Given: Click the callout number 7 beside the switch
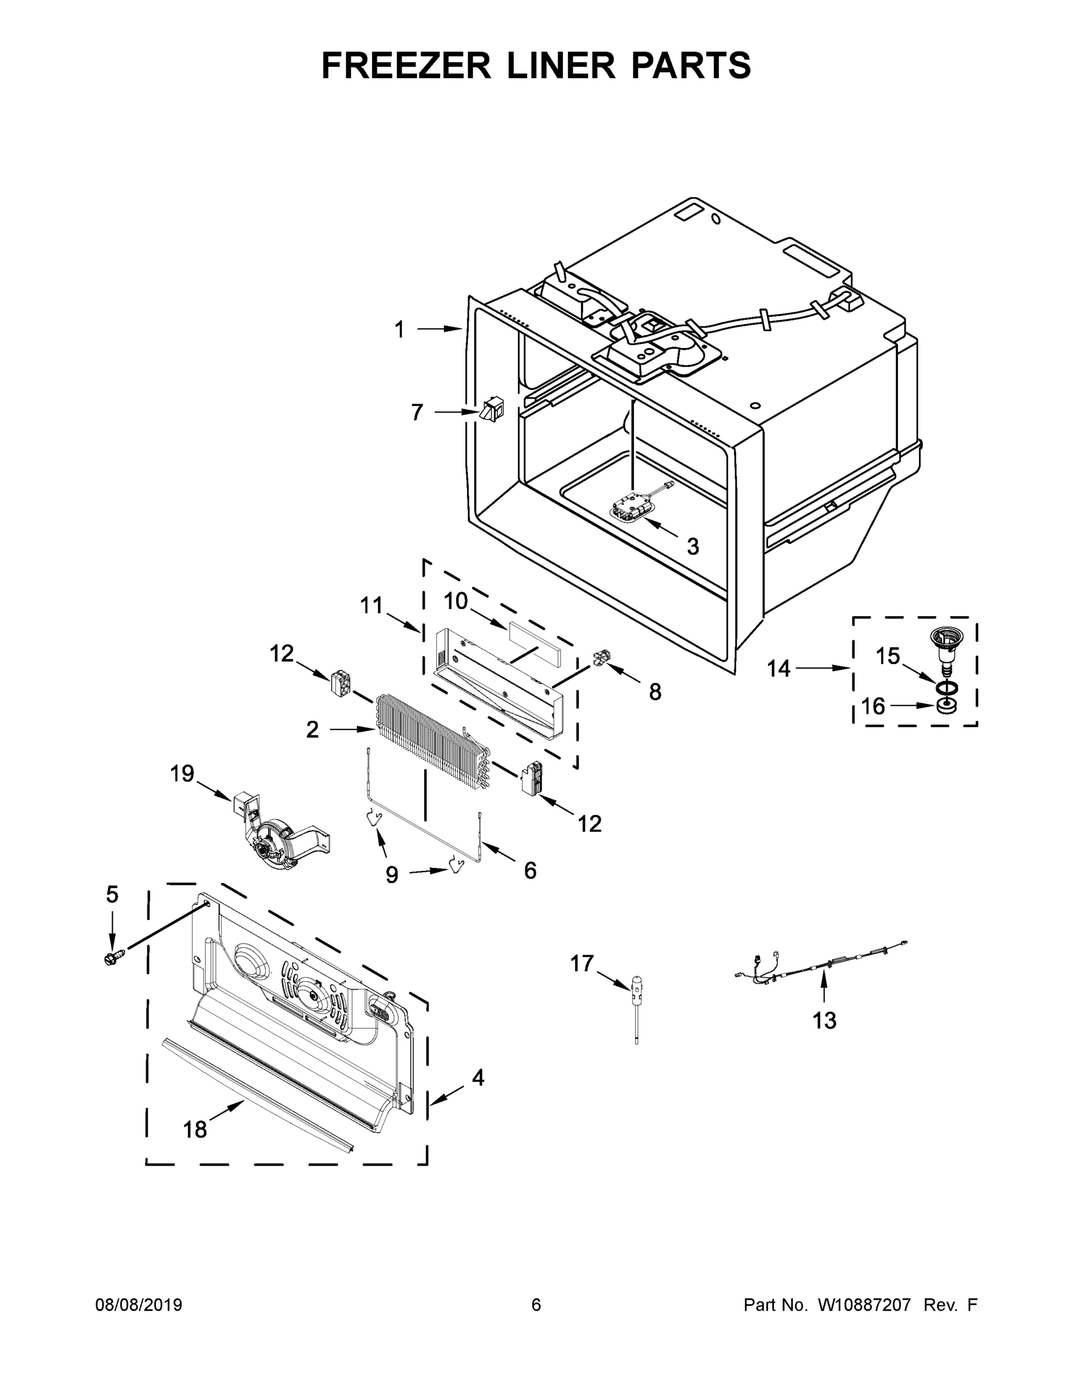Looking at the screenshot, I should pyautogui.click(x=417, y=413).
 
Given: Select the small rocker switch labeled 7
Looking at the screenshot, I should pyautogui.click(x=492, y=409).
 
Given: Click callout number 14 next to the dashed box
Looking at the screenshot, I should pyautogui.click(x=778, y=668).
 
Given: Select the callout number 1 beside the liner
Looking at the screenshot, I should pyautogui.click(x=399, y=329).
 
